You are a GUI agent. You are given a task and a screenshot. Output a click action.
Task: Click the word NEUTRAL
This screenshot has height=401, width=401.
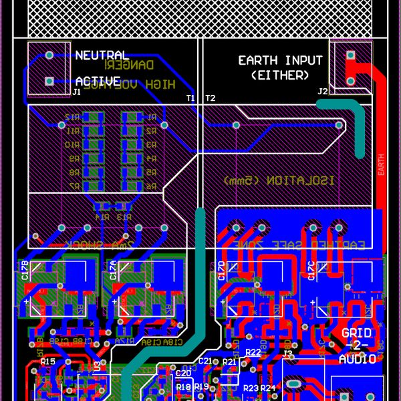tap(101, 55)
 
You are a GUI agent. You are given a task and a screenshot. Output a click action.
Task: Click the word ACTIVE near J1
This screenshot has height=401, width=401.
tap(98, 81)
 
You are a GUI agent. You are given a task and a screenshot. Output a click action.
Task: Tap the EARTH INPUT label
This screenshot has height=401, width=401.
tap(280, 61)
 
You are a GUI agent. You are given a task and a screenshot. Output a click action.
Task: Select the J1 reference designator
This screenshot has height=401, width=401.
tap(76, 92)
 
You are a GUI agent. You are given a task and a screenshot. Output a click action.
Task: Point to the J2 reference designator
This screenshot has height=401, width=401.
tap(323, 92)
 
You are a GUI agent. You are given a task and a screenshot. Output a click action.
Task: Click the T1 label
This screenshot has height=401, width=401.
tap(191, 98)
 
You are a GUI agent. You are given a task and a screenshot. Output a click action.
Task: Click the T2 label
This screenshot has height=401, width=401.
tap(210, 98)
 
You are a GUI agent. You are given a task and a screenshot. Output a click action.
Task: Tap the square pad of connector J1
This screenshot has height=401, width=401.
tap(49, 81)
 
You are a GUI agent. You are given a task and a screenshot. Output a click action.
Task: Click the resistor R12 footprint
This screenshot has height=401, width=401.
tap(94, 117)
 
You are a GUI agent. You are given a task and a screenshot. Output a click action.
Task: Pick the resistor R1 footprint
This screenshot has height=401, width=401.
tap(131, 117)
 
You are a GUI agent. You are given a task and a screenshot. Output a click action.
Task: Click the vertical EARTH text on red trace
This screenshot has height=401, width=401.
tap(381, 164)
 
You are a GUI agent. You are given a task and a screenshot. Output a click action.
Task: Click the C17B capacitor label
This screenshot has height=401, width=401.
tap(25, 270)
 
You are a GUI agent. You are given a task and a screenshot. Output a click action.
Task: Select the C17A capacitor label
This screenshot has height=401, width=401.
tap(113, 270)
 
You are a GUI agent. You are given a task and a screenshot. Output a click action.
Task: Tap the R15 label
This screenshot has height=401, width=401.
tap(47, 361)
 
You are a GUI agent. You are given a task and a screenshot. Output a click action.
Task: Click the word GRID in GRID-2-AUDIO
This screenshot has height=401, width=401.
tap(356, 333)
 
